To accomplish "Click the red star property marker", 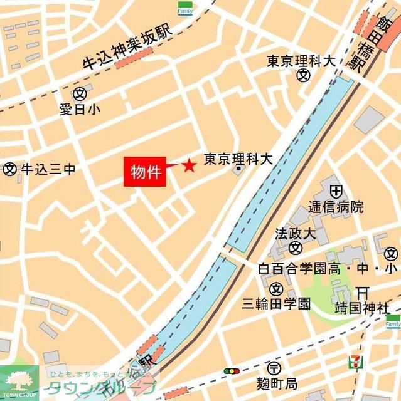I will click(x=188, y=166).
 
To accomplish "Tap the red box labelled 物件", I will click(x=146, y=170).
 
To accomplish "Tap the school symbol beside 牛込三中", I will click(x=9, y=169).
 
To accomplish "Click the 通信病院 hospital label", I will click(x=336, y=207).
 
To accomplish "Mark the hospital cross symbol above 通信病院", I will click(x=336, y=190).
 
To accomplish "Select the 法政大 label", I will click(x=294, y=234).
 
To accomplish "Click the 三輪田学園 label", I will click(x=276, y=304).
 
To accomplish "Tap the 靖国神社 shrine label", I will click(x=361, y=308).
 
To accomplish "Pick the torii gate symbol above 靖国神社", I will click(x=361, y=292).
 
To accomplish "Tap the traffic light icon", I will click(x=232, y=371).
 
